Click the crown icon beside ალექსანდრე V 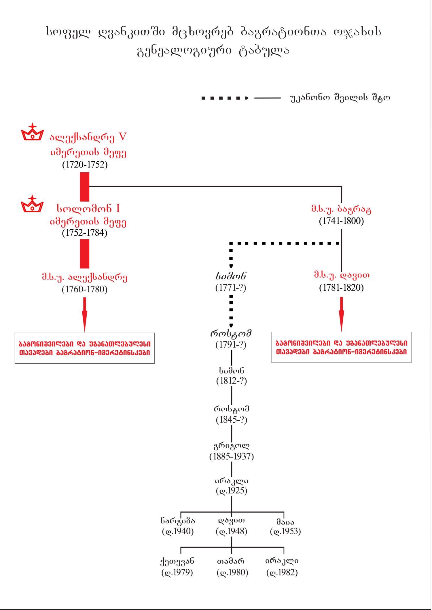(x=32, y=132)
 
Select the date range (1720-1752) (x=85, y=165)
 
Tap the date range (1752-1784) (x=85, y=233)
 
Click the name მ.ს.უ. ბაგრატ (x=341, y=209)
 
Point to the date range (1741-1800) (x=341, y=221)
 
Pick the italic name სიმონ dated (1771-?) (x=231, y=276)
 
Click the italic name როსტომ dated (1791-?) (x=231, y=333)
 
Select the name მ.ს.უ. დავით (x=342, y=275)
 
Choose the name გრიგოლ (x=232, y=446)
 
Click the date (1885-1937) (x=232, y=457)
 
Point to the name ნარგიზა (x=178, y=521)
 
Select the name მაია (x=285, y=521)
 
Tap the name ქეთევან (x=177, y=561)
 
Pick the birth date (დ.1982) (x=282, y=573)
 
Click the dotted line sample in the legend (x=225, y=98)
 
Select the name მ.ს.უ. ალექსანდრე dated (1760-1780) (x=85, y=277)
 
